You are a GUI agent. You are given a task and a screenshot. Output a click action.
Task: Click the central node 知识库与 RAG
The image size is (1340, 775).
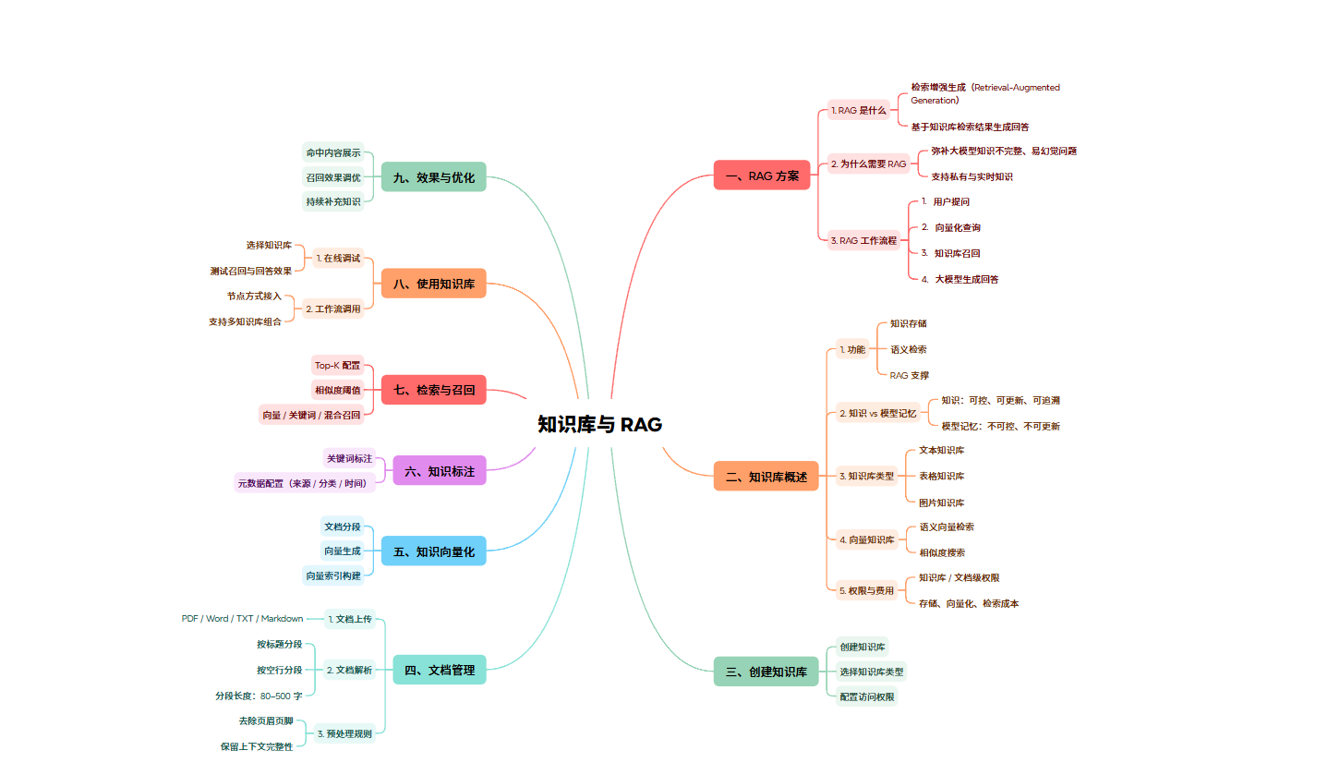600,425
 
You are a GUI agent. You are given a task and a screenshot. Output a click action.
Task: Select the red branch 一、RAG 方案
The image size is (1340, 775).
762,176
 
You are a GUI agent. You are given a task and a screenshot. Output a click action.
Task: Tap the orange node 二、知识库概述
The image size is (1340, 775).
766,477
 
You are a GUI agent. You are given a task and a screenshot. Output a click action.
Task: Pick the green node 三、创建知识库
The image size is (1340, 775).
766,672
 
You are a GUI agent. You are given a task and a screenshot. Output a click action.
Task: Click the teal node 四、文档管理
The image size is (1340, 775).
440,670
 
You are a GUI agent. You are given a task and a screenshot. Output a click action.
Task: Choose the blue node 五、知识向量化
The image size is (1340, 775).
433,551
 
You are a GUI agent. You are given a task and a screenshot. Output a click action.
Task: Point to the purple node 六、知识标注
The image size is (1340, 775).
440,471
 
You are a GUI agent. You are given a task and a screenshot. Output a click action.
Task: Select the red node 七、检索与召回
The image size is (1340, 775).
433,390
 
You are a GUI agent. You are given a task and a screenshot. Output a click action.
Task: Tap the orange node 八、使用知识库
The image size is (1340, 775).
433,284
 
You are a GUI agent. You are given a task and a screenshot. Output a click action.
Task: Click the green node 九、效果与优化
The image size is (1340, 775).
433,177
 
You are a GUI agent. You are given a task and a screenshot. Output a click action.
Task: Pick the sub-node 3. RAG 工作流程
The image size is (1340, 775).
863,240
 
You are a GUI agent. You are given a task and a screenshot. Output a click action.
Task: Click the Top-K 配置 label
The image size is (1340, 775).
337,365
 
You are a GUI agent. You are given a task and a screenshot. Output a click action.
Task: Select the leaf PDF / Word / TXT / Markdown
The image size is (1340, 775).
242,618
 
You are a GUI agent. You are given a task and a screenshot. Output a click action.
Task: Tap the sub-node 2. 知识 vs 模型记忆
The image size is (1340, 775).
877,413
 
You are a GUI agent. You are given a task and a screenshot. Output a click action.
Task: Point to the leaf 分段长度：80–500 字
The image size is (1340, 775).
259,696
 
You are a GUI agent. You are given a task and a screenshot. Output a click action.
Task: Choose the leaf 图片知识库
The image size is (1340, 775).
941,503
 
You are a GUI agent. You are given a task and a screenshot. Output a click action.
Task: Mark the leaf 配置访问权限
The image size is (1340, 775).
867,696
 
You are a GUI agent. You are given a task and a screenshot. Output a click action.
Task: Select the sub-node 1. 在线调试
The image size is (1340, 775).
338,258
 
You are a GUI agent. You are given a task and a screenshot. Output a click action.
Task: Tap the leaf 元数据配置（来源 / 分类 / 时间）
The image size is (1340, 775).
301,483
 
